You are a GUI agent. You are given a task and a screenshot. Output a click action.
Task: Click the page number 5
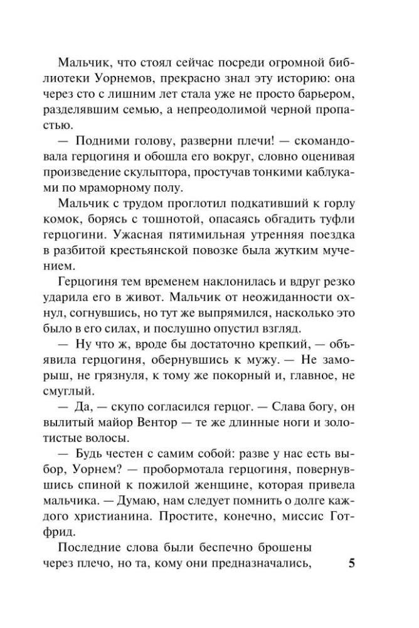tap(352, 563)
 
